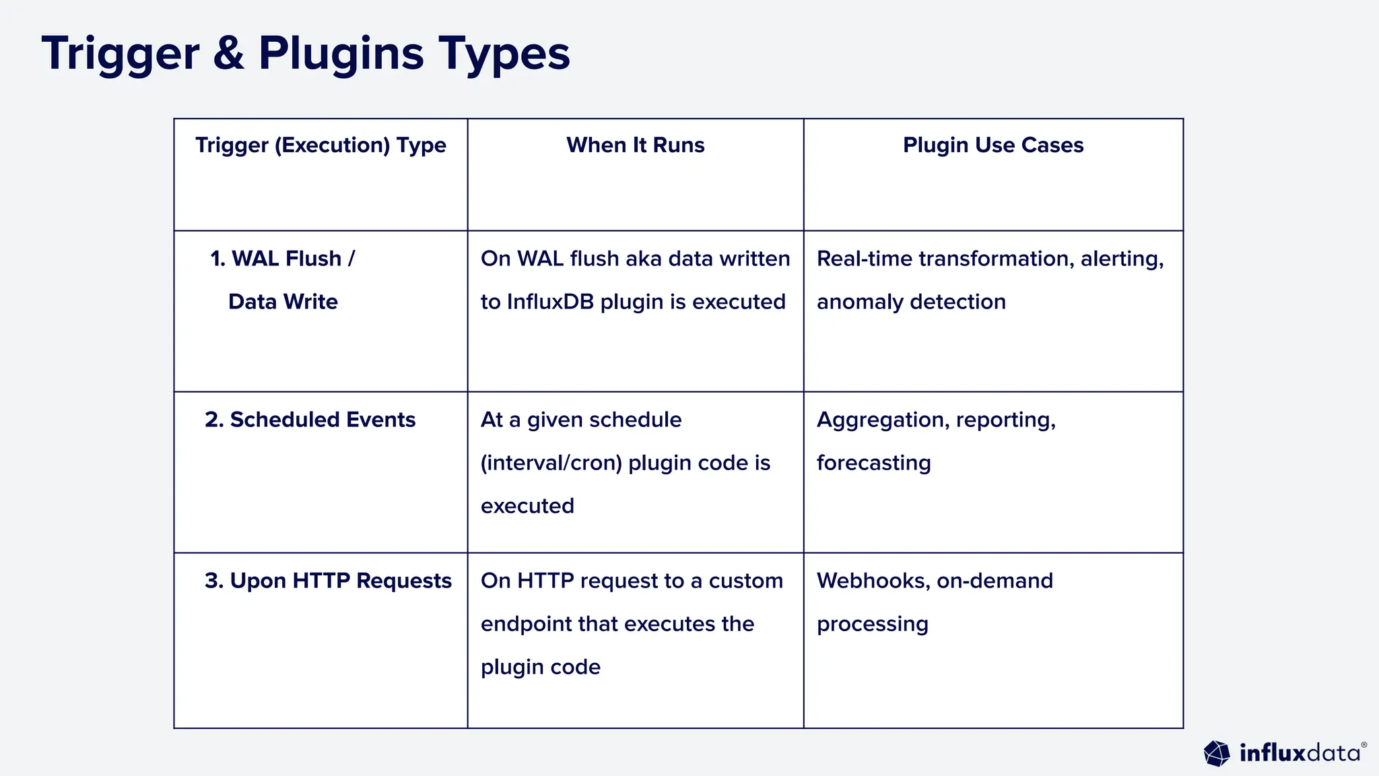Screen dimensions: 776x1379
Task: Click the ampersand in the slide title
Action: pyautogui.click(x=229, y=54)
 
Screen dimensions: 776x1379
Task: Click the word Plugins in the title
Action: pyautogui.click(x=341, y=54)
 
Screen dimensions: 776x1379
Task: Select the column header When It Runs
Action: pyautogui.click(x=635, y=145)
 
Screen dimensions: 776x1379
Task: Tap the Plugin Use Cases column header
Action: pyautogui.click(x=993, y=145)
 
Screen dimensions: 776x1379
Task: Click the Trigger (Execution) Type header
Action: pyautogui.click(x=321, y=145)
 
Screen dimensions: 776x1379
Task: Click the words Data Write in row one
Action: pyautogui.click(x=283, y=302)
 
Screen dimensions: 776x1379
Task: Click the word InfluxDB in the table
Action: pyautogui.click(x=550, y=302)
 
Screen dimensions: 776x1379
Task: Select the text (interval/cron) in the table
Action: pyautogui.click(x=551, y=463)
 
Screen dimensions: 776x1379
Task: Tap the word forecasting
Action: pyautogui.click(x=873, y=463)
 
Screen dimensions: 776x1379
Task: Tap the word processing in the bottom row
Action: pyautogui.click(x=872, y=624)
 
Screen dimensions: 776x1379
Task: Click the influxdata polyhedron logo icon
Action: pyautogui.click(x=1217, y=753)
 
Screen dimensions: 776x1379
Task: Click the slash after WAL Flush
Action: pyautogui.click(x=351, y=259)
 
